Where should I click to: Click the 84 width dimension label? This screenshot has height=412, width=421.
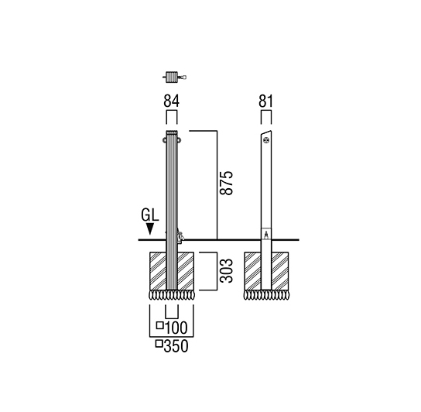coord(171,101)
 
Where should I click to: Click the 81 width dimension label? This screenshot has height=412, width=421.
coord(265,101)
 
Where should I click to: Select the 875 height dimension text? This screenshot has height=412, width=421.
coord(226,183)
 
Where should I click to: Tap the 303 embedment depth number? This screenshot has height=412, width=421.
coord(226,270)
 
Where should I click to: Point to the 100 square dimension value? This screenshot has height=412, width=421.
coord(176,328)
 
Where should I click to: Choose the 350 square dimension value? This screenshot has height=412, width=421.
coord(176,346)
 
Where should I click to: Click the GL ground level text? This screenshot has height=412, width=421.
coord(150,215)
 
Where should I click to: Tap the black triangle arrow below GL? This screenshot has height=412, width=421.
coord(150,229)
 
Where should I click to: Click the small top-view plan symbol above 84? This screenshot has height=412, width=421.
coord(174,77)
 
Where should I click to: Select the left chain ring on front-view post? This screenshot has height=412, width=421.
coord(164,140)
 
